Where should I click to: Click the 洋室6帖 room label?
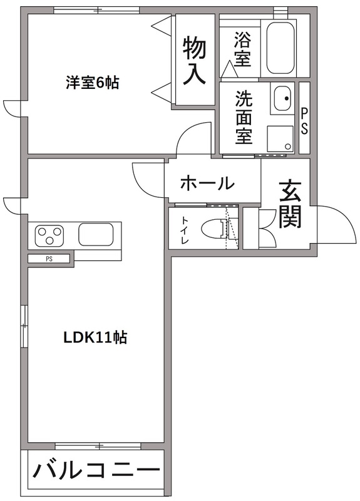click(93, 82)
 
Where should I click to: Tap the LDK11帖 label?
click(95, 338)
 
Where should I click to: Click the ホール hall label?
click(207, 183)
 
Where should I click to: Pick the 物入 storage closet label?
click(194, 59)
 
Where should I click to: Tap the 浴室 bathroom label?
click(242, 49)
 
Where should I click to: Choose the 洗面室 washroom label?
click(244, 117)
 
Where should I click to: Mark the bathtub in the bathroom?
click(280, 48)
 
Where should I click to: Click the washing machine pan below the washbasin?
click(280, 139)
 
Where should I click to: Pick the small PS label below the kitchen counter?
click(49, 258)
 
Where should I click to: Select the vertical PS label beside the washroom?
click(304, 120)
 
